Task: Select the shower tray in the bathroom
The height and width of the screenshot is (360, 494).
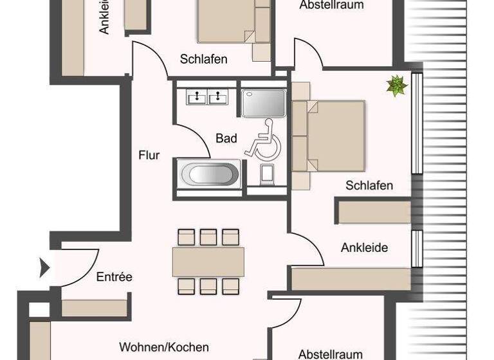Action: point(263,102)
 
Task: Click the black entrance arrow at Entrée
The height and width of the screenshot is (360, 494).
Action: point(44,267)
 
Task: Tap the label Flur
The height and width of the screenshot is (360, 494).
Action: point(149,155)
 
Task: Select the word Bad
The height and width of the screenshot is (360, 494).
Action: point(226,138)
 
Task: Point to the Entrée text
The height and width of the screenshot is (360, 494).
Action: point(114,277)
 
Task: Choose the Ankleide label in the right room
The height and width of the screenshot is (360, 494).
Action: point(365,247)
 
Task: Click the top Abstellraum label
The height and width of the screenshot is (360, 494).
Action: point(331,5)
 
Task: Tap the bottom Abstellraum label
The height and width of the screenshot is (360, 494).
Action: point(331,354)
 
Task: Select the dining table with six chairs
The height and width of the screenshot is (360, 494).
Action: point(208,262)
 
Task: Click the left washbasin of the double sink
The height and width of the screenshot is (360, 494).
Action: point(196,97)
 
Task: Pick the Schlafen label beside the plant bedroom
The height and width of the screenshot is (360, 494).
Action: point(369,186)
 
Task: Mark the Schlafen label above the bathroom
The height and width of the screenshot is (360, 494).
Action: point(203,59)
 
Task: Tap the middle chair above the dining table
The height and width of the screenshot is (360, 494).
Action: point(208,237)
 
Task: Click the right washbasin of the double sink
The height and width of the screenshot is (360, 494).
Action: point(219,97)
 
